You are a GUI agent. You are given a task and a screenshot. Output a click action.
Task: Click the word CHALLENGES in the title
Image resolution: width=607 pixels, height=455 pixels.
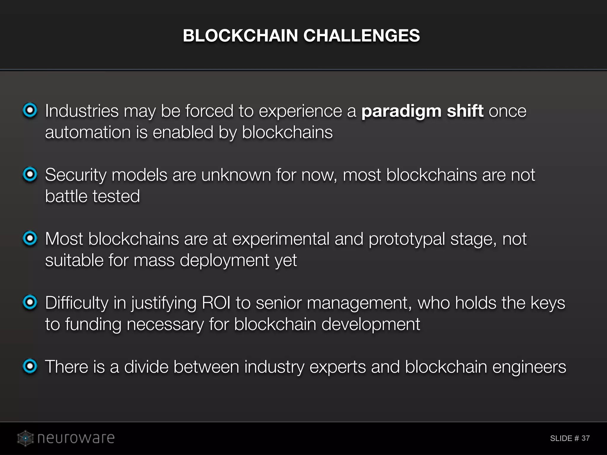(361, 36)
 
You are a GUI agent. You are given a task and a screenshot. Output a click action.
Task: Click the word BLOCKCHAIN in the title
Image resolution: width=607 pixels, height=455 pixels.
(240, 36)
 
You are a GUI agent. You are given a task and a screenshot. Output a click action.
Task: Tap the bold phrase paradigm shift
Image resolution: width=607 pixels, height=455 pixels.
(422, 111)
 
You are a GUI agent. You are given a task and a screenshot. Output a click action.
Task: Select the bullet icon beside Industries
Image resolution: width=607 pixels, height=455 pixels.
(30, 110)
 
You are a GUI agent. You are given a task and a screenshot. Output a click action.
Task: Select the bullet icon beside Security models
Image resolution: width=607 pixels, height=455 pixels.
(30, 174)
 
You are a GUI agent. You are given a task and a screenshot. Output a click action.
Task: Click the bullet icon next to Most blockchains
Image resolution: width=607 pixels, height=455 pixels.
(30, 238)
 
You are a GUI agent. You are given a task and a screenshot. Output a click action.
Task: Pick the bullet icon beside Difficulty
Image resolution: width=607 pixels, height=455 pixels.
(30, 302)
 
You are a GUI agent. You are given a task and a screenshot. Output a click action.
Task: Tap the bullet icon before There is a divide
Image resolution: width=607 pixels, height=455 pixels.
(30, 366)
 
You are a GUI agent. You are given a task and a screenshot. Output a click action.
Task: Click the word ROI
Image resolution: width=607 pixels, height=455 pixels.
(216, 303)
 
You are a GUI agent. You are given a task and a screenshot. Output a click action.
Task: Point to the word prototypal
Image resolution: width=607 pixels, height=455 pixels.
(407, 239)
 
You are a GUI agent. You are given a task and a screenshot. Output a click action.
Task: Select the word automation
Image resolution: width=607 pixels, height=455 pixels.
(88, 132)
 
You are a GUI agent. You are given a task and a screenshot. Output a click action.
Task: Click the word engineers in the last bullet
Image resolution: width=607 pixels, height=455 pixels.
(529, 367)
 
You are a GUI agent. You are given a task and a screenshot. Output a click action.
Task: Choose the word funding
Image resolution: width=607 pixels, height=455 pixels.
(93, 324)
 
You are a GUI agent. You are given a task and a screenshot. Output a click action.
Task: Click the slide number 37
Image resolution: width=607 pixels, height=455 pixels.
(585, 438)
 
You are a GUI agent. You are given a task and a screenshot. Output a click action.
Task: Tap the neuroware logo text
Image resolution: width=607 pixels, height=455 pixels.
(76, 438)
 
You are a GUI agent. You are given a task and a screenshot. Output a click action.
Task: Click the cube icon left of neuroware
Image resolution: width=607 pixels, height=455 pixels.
(25, 438)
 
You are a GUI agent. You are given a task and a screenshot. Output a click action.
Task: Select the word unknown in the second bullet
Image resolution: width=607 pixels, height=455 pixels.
(236, 175)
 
